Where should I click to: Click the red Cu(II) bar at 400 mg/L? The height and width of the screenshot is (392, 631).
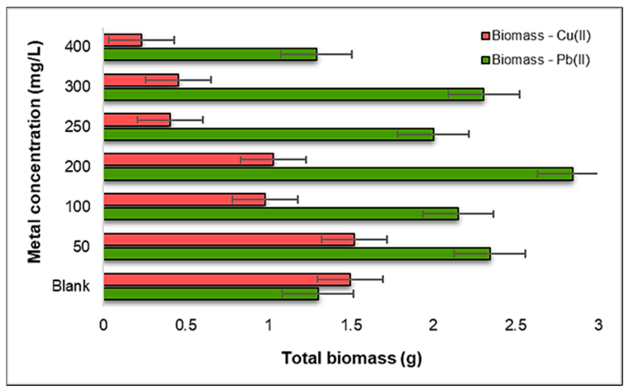click(122, 40)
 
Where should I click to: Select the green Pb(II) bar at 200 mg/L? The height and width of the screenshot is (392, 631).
click(337, 174)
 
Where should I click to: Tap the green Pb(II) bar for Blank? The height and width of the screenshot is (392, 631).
click(211, 294)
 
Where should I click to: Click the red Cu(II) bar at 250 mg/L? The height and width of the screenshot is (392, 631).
click(137, 120)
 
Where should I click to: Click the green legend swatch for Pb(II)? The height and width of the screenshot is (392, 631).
click(485, 60)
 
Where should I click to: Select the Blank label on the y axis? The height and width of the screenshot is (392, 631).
click(71, 286)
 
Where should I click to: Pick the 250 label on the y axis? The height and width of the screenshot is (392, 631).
click(77, 127)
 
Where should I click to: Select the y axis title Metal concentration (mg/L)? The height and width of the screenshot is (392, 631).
click(35, 152)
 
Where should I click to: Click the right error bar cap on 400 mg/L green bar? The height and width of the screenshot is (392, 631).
click(352, 54)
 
